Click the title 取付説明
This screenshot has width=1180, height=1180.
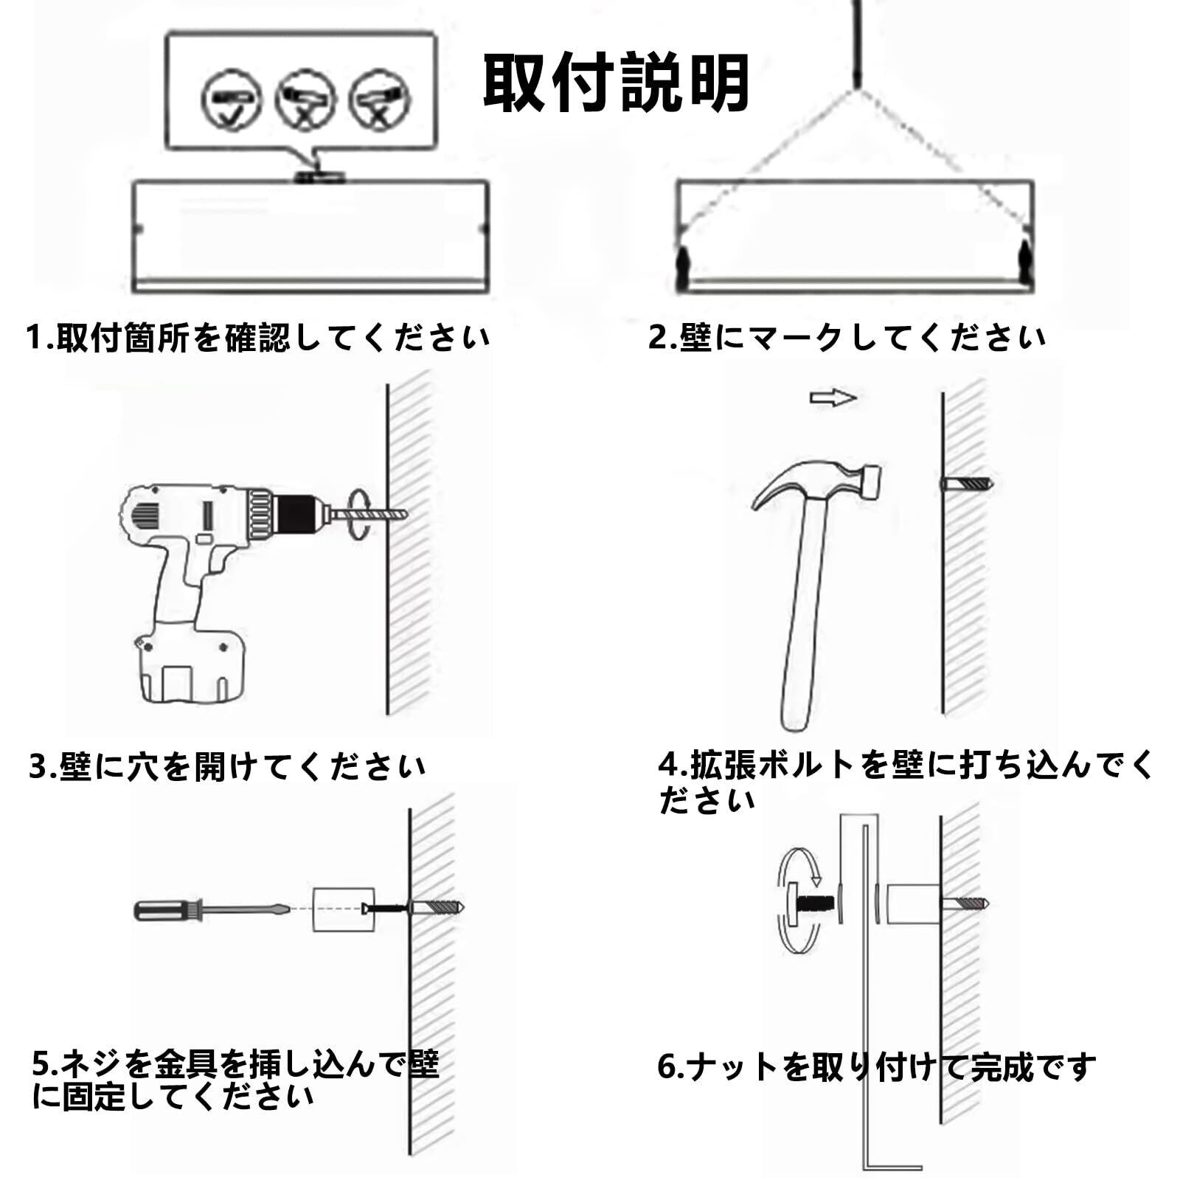click(x=616, y=83)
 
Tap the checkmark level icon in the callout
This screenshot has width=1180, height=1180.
click(x=232, y=99)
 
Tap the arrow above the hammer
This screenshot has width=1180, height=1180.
click(x=833, y=398)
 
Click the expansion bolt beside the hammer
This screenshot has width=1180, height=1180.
click(x=967, y=485)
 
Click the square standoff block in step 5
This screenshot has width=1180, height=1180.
click(x=339, y=909)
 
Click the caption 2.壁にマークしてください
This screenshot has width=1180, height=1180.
click(x=847, y=338)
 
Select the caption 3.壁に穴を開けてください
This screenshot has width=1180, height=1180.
click(x=227, y=767)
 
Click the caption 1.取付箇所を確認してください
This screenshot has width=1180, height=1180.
click(x=258, y=338)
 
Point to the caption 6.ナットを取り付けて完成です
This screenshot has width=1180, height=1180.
click(x=876, y=1066)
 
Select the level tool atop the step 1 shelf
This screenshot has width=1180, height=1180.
click(x=319, y=177)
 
